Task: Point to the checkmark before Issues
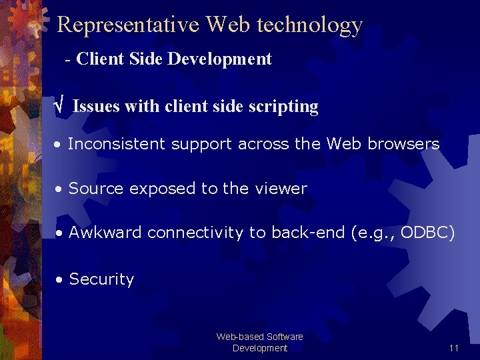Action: tap(59, 106)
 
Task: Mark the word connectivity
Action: tap(195, 233)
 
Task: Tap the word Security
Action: tap(101, 279)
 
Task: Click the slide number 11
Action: tap(454, 348)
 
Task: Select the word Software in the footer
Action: tap(284, 337)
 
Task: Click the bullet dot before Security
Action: tap(60, 280)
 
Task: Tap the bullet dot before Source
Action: tap(60, 189)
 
